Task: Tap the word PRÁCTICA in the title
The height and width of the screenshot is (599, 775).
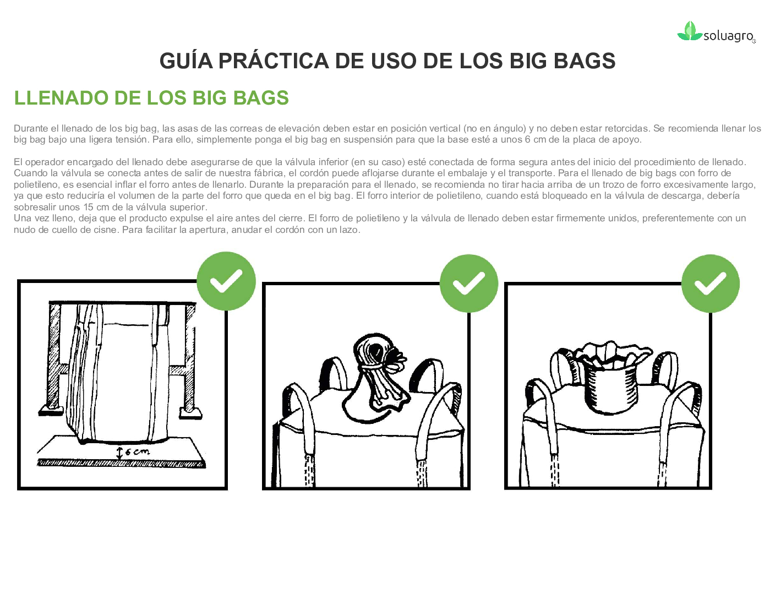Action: [273, 61]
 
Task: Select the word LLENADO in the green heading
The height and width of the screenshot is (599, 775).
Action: [61, 98]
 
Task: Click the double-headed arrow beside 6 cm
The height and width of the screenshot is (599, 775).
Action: [119, 453]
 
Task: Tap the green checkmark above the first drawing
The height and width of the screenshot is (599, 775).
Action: [226, 281]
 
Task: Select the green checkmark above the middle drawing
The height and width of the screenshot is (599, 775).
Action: [468, 284]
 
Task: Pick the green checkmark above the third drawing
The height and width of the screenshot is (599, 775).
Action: [711, 284]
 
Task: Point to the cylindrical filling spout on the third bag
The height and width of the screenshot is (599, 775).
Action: [610, 389]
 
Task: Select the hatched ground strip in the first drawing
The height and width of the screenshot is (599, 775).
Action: [121, 463]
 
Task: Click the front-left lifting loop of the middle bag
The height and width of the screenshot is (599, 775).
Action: [299, 421]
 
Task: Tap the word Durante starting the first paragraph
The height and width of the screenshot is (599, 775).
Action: [31, 128]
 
